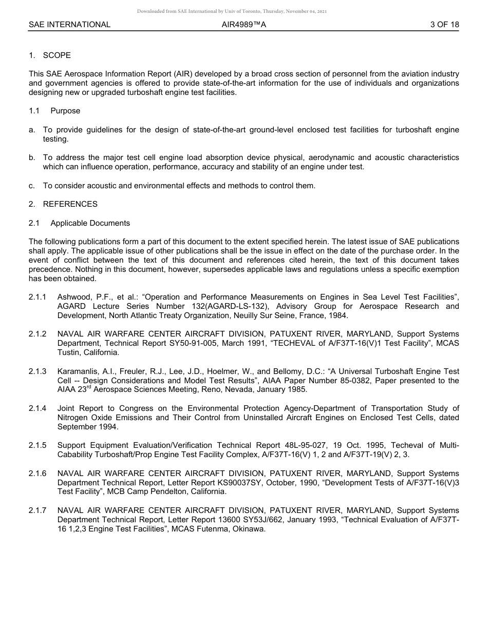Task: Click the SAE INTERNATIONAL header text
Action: pyautogui.click(x=69, y=24)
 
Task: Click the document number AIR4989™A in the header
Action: pyautogui.click(x=244, y=24)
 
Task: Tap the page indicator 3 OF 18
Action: pyautogui.click(x=444, y=24)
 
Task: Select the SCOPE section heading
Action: pyautogui.click(x=57, y=55)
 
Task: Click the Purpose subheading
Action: pyautogui.click(x=65, y=111)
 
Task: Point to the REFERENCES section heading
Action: pyautogui.click(x=70, y=204)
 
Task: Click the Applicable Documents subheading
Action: pyautogui.click(x=90, y=223)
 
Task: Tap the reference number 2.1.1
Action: pyautogui.click(x=37, y=297)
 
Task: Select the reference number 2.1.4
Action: pyautogui.click(x=37, y=408)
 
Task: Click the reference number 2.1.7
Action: pyautogui.click(x=37, y=510)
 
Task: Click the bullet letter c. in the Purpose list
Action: pyautogui.click(x=32, y=186)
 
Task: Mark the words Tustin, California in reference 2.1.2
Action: pyautogui.click(x=88, y=352)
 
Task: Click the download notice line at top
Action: pyautogui.click(x=232, y=11)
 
